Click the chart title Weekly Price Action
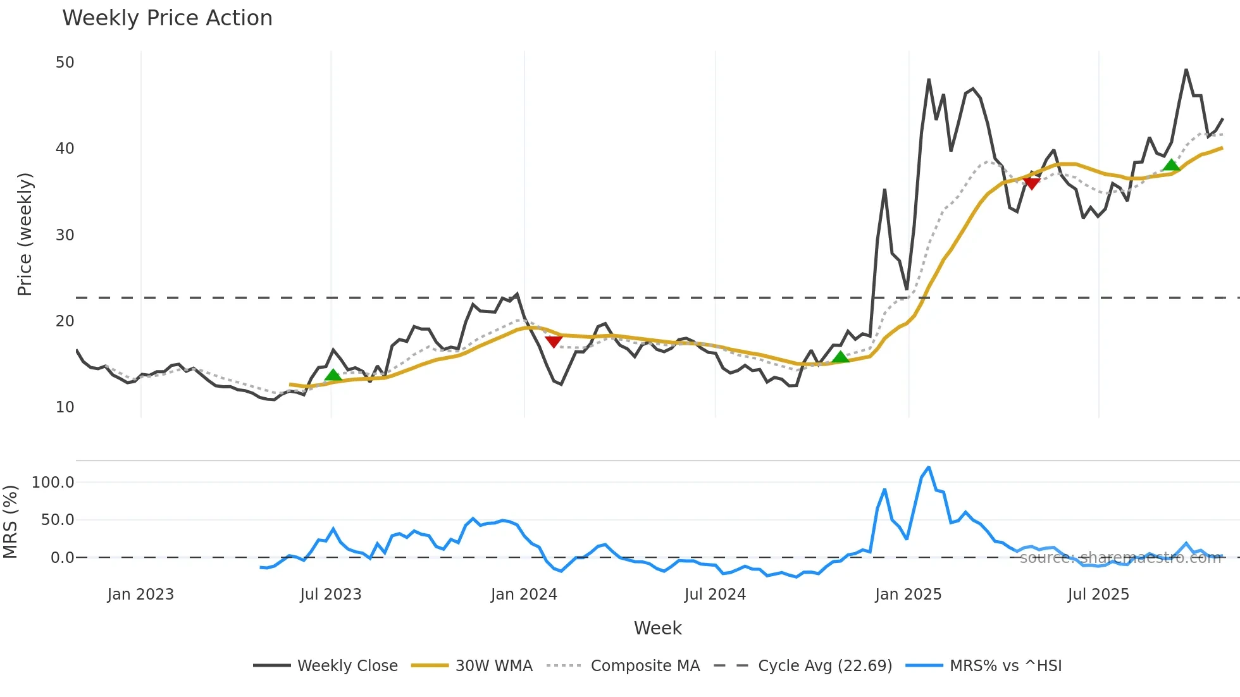click(167, 18)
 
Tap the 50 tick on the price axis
click(65, 63)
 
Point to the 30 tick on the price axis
click(65, 235)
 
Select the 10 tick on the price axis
click(65, 407)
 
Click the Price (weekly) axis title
click(25, 234)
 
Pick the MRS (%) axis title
click(10, 522)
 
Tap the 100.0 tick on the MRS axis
click(53, 483)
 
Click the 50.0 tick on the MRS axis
click(58, 520)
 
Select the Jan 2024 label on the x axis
click(524, 595)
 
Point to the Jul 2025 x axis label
click(1098, 595)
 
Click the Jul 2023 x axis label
click(331, 595)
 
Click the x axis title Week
click(657, 628)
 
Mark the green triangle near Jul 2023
click(333, 375)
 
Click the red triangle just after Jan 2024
click(554, 342)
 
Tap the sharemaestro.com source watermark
click(1120, 558)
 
